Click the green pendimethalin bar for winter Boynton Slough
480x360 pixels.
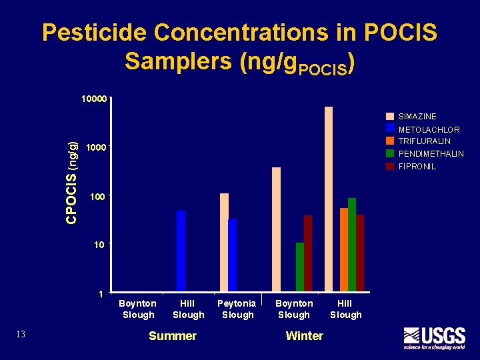coord(300,267)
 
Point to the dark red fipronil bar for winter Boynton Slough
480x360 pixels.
coord(308,253)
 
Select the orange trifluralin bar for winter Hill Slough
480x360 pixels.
coord(344,249)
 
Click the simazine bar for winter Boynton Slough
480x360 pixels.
coord(276,229)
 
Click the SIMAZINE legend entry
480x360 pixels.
coord(417,117)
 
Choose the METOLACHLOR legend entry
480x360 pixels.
coord(429,129)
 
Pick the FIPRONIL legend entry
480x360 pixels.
coord(417,167)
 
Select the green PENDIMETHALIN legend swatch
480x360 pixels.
coord(390,153)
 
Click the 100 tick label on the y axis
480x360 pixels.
coord(97,197)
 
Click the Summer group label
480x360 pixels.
coord(173,336)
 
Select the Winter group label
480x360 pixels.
coord(304,336)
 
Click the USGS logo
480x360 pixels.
coord(433,338)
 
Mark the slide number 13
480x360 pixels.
coord(21,334)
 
